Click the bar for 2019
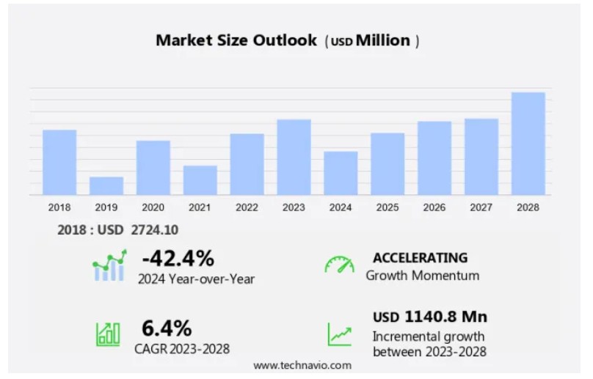tap(106, 185)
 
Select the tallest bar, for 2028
tap(528, 144)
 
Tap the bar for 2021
tap(200, 180)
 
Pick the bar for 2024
tap(341, 173)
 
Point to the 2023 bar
tap(294, 157)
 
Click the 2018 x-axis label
tap(59, 207)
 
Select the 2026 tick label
tap(434, 207)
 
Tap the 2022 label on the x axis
tap(247, 207)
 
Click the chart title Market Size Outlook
tap(235, 40)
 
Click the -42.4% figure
tap(178, 258)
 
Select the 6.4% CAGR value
tap(167, 327)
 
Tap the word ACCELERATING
tap(420, 257)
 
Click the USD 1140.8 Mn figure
tap(430, 317)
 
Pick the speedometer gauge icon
tap(339, 265)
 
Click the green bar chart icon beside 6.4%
tap(108, 334)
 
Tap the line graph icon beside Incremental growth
tap(339, 334)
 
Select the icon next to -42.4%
tap(109, 265)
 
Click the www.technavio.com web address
tap(302, 364)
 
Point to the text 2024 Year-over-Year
tap(196, 279)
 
